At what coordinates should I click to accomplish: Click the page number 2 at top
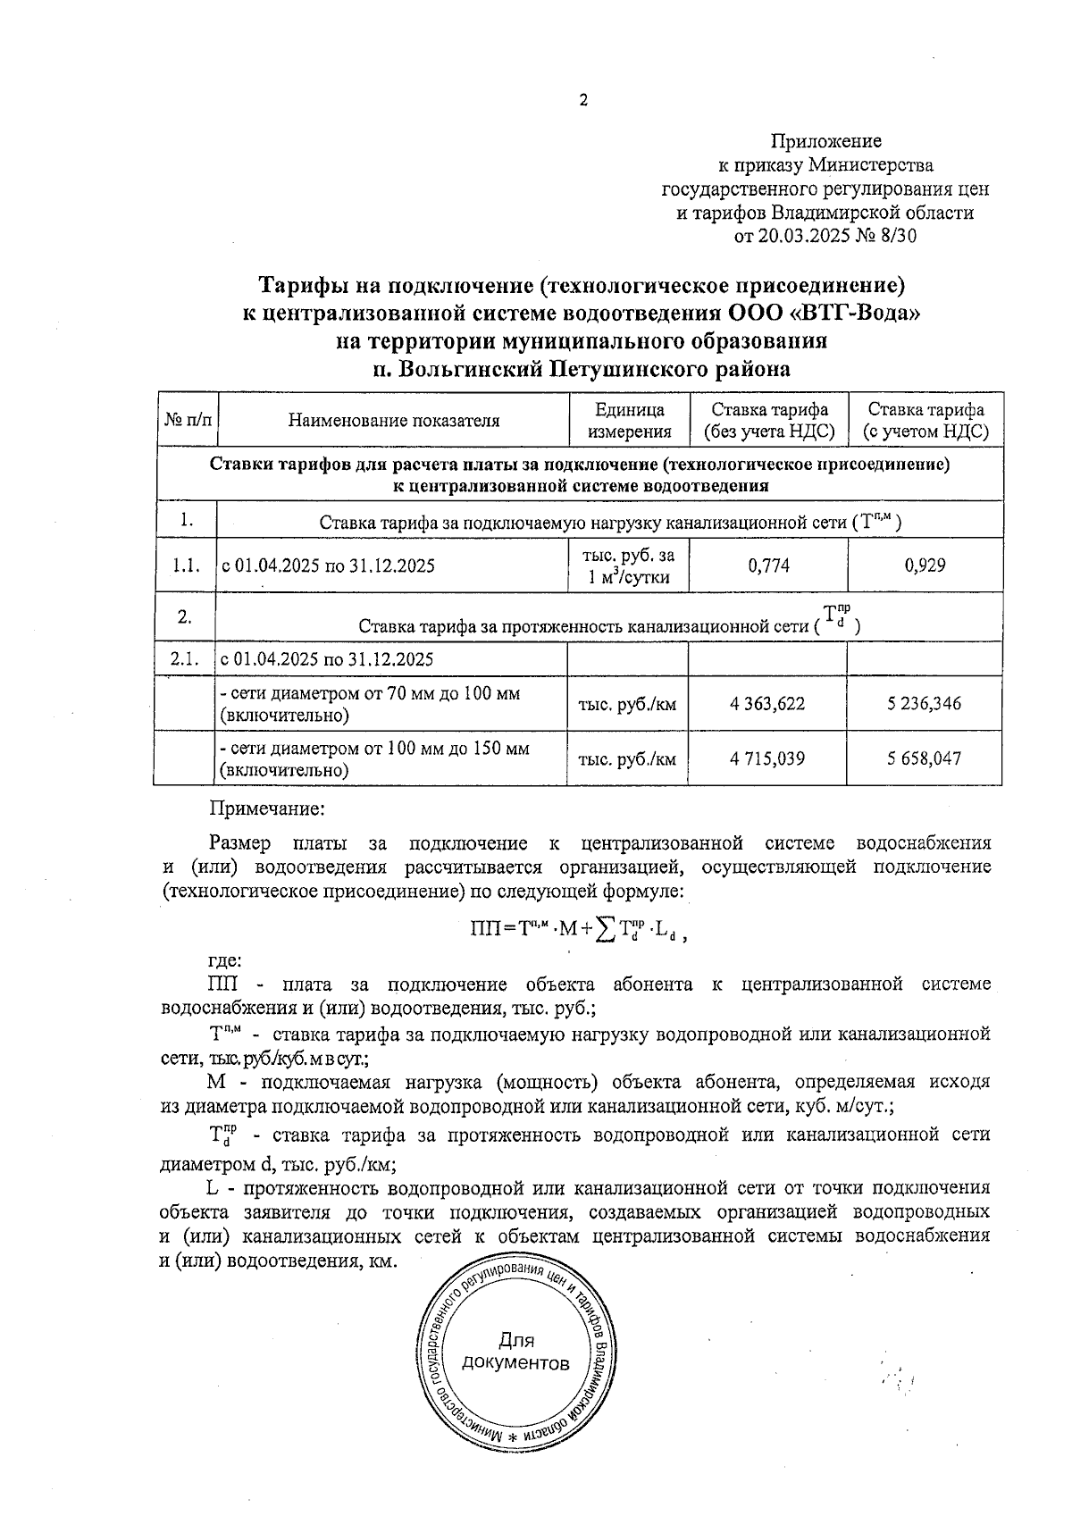pos(583,101)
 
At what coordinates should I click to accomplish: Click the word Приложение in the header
pos(825,141)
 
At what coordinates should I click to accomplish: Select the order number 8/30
pos(899,237)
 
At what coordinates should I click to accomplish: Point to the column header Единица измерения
pos(629,421)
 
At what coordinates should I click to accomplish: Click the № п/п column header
pos(188,420)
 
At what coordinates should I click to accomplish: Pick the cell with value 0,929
pos(924,565)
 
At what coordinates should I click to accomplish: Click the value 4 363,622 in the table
pos(766,704)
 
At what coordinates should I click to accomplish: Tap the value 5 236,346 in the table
pos(924,704)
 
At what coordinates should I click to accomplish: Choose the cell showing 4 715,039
pos(766,758)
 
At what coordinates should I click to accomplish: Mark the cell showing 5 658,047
pos(924,758)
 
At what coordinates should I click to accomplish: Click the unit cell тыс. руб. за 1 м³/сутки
pos(629,565)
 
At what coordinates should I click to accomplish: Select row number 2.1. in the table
pos(185,659)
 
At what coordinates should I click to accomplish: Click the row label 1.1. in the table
pos(185,565)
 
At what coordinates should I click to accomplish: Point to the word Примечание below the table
pos(265,808)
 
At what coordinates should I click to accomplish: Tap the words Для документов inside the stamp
pos(515,1353)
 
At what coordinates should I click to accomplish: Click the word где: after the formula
pos(224,960)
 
